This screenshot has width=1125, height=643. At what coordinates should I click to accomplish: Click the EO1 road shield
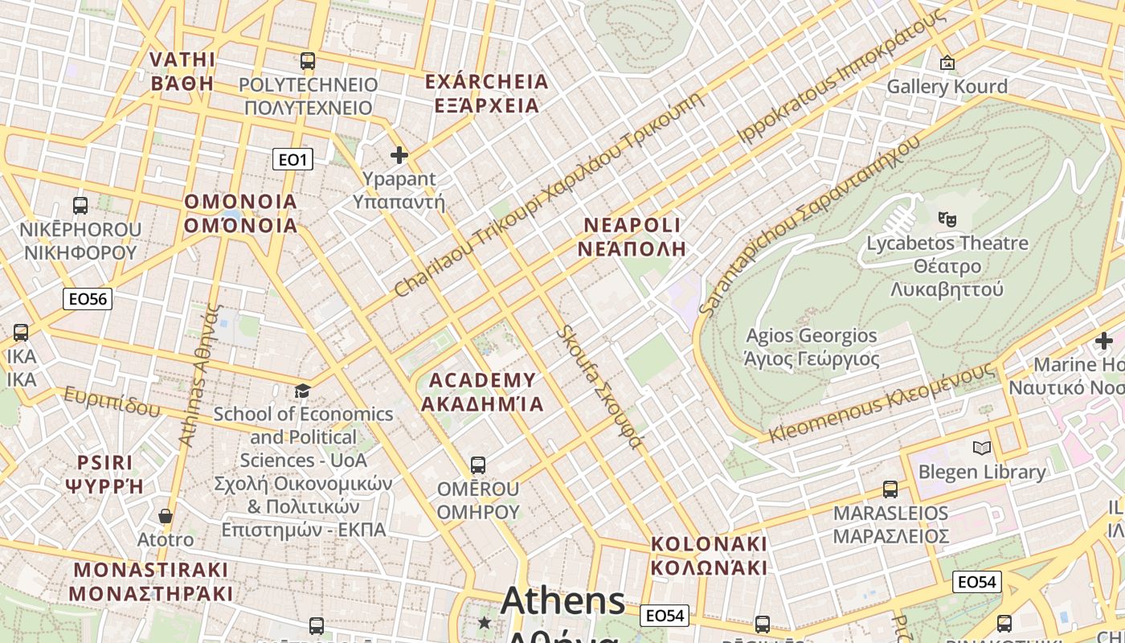tap(292, 159)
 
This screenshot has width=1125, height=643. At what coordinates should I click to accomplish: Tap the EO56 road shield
tap(88, 299)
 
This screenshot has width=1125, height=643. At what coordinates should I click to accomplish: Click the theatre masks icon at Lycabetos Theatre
tap(947, 218)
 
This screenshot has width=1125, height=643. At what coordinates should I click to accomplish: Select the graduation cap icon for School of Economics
tap(302, 391)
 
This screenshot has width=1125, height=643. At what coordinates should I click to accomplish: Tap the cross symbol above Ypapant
tap(399, 154)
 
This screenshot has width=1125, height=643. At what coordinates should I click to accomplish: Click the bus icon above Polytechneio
tap(307, 60)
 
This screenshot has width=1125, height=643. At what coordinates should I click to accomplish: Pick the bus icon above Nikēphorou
tap(80, 205)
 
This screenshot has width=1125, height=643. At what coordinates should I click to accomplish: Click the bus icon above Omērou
tap(478, 465)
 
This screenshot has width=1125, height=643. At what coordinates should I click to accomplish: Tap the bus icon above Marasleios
tap(890, 489)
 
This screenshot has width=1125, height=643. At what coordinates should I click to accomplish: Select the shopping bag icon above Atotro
tap(166, 515)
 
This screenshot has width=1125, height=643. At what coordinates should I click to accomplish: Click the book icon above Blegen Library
tap(981, 448)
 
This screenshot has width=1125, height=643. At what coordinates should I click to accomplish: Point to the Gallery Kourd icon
tap(947, 62)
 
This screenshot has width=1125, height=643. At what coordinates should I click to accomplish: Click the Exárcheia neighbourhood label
tap(486, 93)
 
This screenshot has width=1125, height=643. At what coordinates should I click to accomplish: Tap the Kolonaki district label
tap(709, 555)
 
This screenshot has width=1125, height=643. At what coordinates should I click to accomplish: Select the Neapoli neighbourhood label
tap(632, 236)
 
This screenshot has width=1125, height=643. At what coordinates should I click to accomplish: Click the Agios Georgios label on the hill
tap(812, 346)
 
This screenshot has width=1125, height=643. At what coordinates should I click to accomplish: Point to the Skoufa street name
tap(600, 387)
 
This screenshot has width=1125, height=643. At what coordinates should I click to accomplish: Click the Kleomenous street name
tap(882, 403)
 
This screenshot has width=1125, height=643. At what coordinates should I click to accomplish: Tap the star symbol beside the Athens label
tap(485, 622)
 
